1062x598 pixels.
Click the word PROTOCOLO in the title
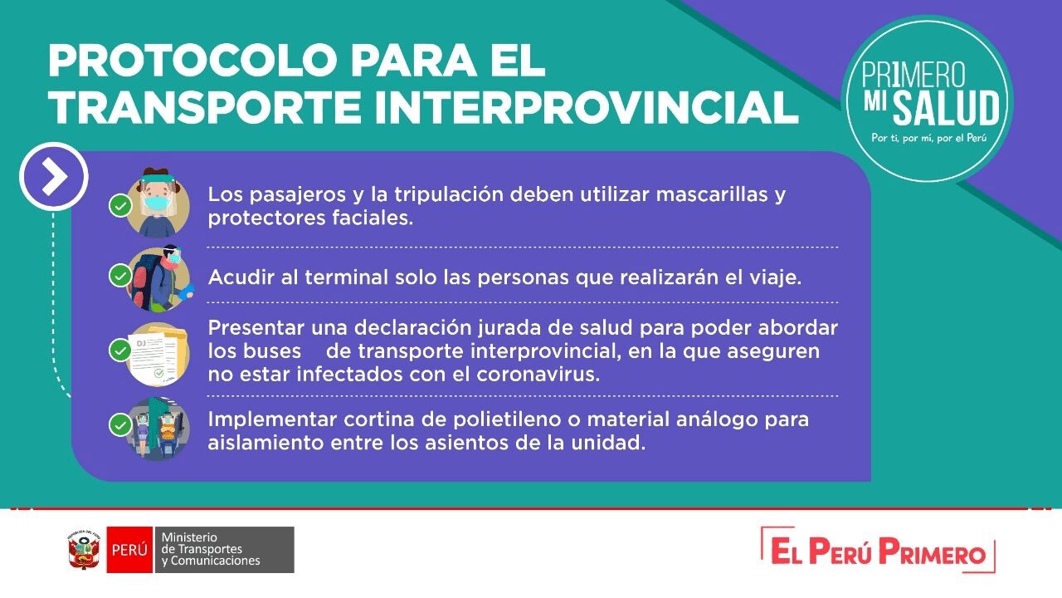192,61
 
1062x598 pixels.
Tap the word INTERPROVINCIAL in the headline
587,107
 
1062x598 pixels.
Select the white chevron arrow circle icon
54,177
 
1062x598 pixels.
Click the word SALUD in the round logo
946,108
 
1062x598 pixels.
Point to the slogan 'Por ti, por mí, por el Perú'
928,138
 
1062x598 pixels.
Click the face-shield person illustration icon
158,203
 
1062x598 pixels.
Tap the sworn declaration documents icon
158,354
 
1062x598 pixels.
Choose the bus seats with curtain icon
158,428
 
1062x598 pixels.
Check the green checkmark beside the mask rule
120,206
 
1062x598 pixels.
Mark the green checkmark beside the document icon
120,350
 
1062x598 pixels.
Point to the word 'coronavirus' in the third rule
538,375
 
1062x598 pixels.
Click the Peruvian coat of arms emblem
84,550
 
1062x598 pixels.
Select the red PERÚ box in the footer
129,550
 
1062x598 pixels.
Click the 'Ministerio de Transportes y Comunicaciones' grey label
224,550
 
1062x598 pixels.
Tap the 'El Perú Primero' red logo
878,551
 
